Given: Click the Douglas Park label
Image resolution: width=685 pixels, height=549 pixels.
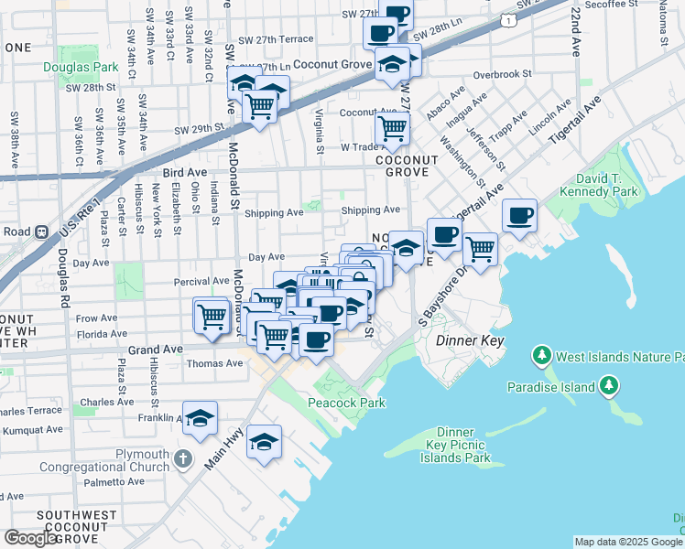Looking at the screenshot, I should point(81,67).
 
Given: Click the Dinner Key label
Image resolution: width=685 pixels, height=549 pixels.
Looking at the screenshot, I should point(470,339).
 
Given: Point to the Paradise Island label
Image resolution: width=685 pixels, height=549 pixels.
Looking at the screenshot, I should point(551,387).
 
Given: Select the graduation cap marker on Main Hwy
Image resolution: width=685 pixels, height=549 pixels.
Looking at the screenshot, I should point(263,442).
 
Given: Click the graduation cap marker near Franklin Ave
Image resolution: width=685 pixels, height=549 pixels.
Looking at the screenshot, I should point(200,417).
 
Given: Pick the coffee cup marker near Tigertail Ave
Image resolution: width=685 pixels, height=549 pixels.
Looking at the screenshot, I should point(520,215).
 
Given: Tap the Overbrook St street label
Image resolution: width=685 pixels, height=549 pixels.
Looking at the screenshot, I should point(502,74).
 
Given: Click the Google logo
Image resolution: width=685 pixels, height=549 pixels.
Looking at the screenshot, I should point(30,538).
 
